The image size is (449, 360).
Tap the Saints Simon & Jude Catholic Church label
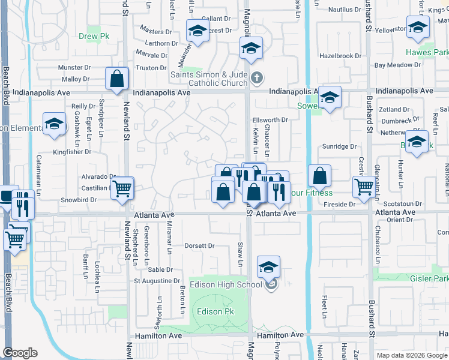click(209, 79)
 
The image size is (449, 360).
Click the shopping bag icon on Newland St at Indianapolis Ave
click(116, 79)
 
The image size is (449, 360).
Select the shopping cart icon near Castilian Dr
click(122, 188)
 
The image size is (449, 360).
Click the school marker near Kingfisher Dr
click(55, 124)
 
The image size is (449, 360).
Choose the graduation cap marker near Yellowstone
click(418, 27)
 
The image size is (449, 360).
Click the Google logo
click(20, 353)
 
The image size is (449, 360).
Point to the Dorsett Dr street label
click(199, 245)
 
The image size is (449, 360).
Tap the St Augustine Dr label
click(157, 280)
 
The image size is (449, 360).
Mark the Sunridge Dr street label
click(339, 146)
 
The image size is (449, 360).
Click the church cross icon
click(257, 77)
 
